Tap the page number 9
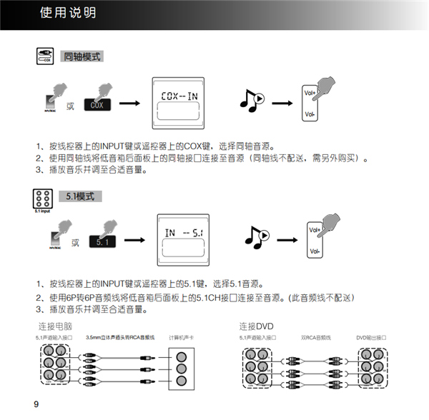coord(36,405)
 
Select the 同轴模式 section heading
coord(82,56)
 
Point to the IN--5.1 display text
coord(184,233)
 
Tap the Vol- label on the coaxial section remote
coord(310,114)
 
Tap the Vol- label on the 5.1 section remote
coord(313,252)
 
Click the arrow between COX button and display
coord(129,104)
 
